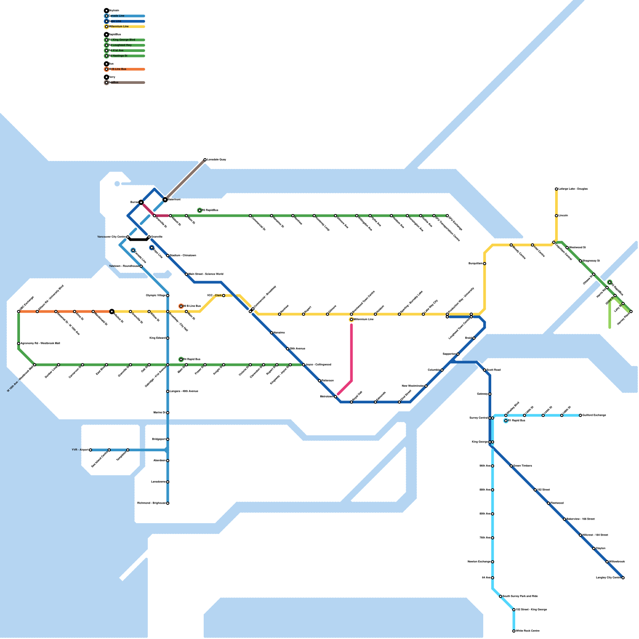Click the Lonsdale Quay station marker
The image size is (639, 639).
coord(205,160)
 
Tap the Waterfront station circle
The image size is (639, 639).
coord(165,199)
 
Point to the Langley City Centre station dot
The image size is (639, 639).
coord(623,578)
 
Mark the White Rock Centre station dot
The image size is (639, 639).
coord(514,631)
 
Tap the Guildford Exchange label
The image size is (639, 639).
coord(594,415)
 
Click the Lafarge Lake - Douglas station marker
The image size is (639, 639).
coord(556,189)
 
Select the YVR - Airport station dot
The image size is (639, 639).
coord(91,450)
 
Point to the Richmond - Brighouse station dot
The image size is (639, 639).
coord(168,503)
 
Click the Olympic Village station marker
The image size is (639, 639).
coord(168,296)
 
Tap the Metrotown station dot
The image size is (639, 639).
coord(335,397)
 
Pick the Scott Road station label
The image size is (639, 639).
coord(494,370)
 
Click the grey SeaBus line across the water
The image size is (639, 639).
coord(185,179)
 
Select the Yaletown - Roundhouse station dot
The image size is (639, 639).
coord(141,266)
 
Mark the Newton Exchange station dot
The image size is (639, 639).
coord(492,562)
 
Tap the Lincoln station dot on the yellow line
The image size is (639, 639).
coord(556,216)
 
